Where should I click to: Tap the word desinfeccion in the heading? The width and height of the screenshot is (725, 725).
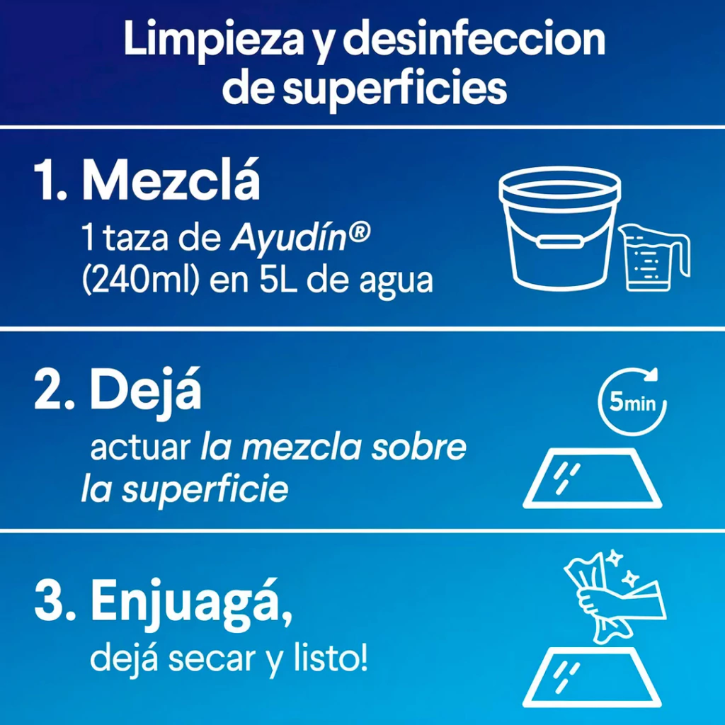[474, 39]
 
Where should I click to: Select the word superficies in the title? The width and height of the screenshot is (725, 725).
[394, 89]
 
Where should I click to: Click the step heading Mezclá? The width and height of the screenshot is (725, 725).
[171, 181]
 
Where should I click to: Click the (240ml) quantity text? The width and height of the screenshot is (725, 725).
[141, 280]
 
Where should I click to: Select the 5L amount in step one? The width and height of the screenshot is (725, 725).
[278, 280]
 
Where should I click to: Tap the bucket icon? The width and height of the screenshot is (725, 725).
[559, 229]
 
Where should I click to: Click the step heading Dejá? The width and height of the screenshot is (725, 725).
[145, 390]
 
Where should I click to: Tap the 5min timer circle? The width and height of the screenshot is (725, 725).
[632, 401]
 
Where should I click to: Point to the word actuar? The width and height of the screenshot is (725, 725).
[140, 447]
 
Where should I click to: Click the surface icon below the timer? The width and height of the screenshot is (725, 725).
[593, 478]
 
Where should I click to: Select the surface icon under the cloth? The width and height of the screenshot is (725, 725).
[593, 677]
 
